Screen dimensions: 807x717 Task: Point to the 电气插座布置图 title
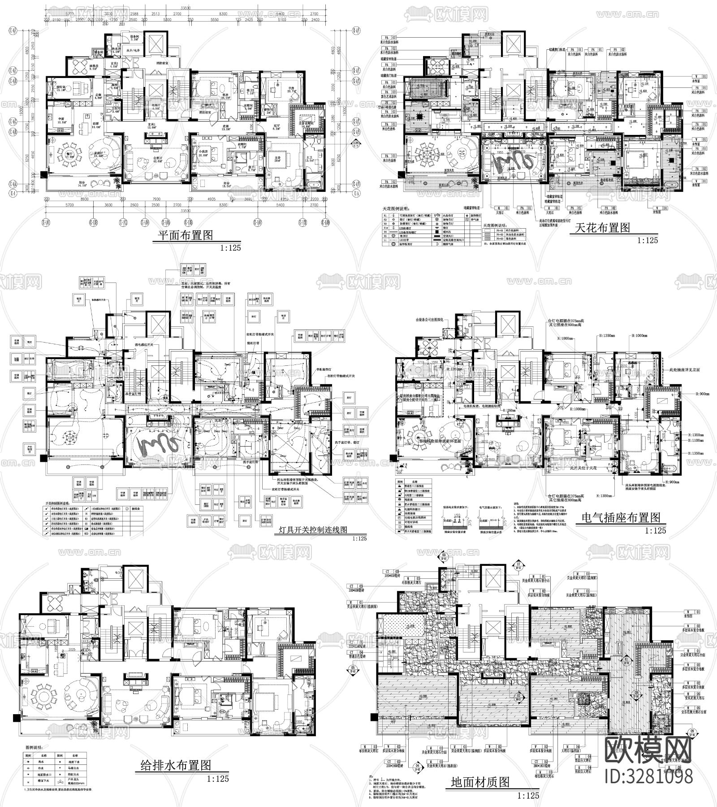coord(621,518)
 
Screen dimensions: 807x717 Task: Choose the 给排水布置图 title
coord(173,765)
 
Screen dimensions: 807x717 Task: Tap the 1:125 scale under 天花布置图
coord(648,240)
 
